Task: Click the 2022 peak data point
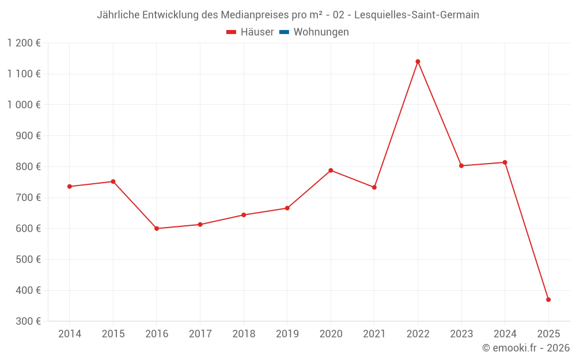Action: pyautogui.click(x=418, y=62)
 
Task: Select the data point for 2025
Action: pyautogui.click(x=548, y=300)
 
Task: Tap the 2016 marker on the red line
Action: pyautogui.click(x=157, y=229)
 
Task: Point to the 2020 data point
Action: pyautogui.click(x=331, y=170)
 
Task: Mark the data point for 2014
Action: pyautogui.click(x=70, y=187)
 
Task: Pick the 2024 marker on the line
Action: pyautogui.click(x=505, y=162)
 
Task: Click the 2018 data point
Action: pyautogui.click(x=244, y=215)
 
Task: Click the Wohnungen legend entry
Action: pyautogui.click(x=321, y=32)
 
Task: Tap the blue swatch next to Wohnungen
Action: pyautogui.click(x=284, y=32)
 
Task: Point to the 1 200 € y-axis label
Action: pyautogui.click(x=24, y=43)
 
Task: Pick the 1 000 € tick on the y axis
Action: pyautogui.click(x=24, y=105)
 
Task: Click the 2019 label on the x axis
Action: pyautogui.click(x=287, y=334)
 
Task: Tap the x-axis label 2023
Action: pyautogui.click(x=461, y=334)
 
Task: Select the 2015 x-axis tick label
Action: pyautogui.click(x=113, y=334)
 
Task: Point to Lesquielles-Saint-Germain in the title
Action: pyautogui.click(x=416, y=15)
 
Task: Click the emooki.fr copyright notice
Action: pyautogui.click(x=525, y=348)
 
